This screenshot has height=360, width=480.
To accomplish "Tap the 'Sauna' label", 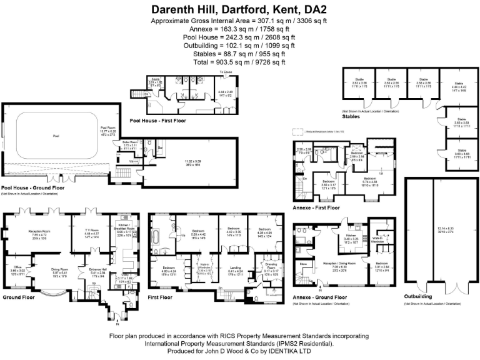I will (x=137, y=80).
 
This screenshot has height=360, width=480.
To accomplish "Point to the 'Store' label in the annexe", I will (x=304, y=264).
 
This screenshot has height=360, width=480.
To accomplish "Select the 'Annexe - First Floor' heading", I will (x=316, y=207).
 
